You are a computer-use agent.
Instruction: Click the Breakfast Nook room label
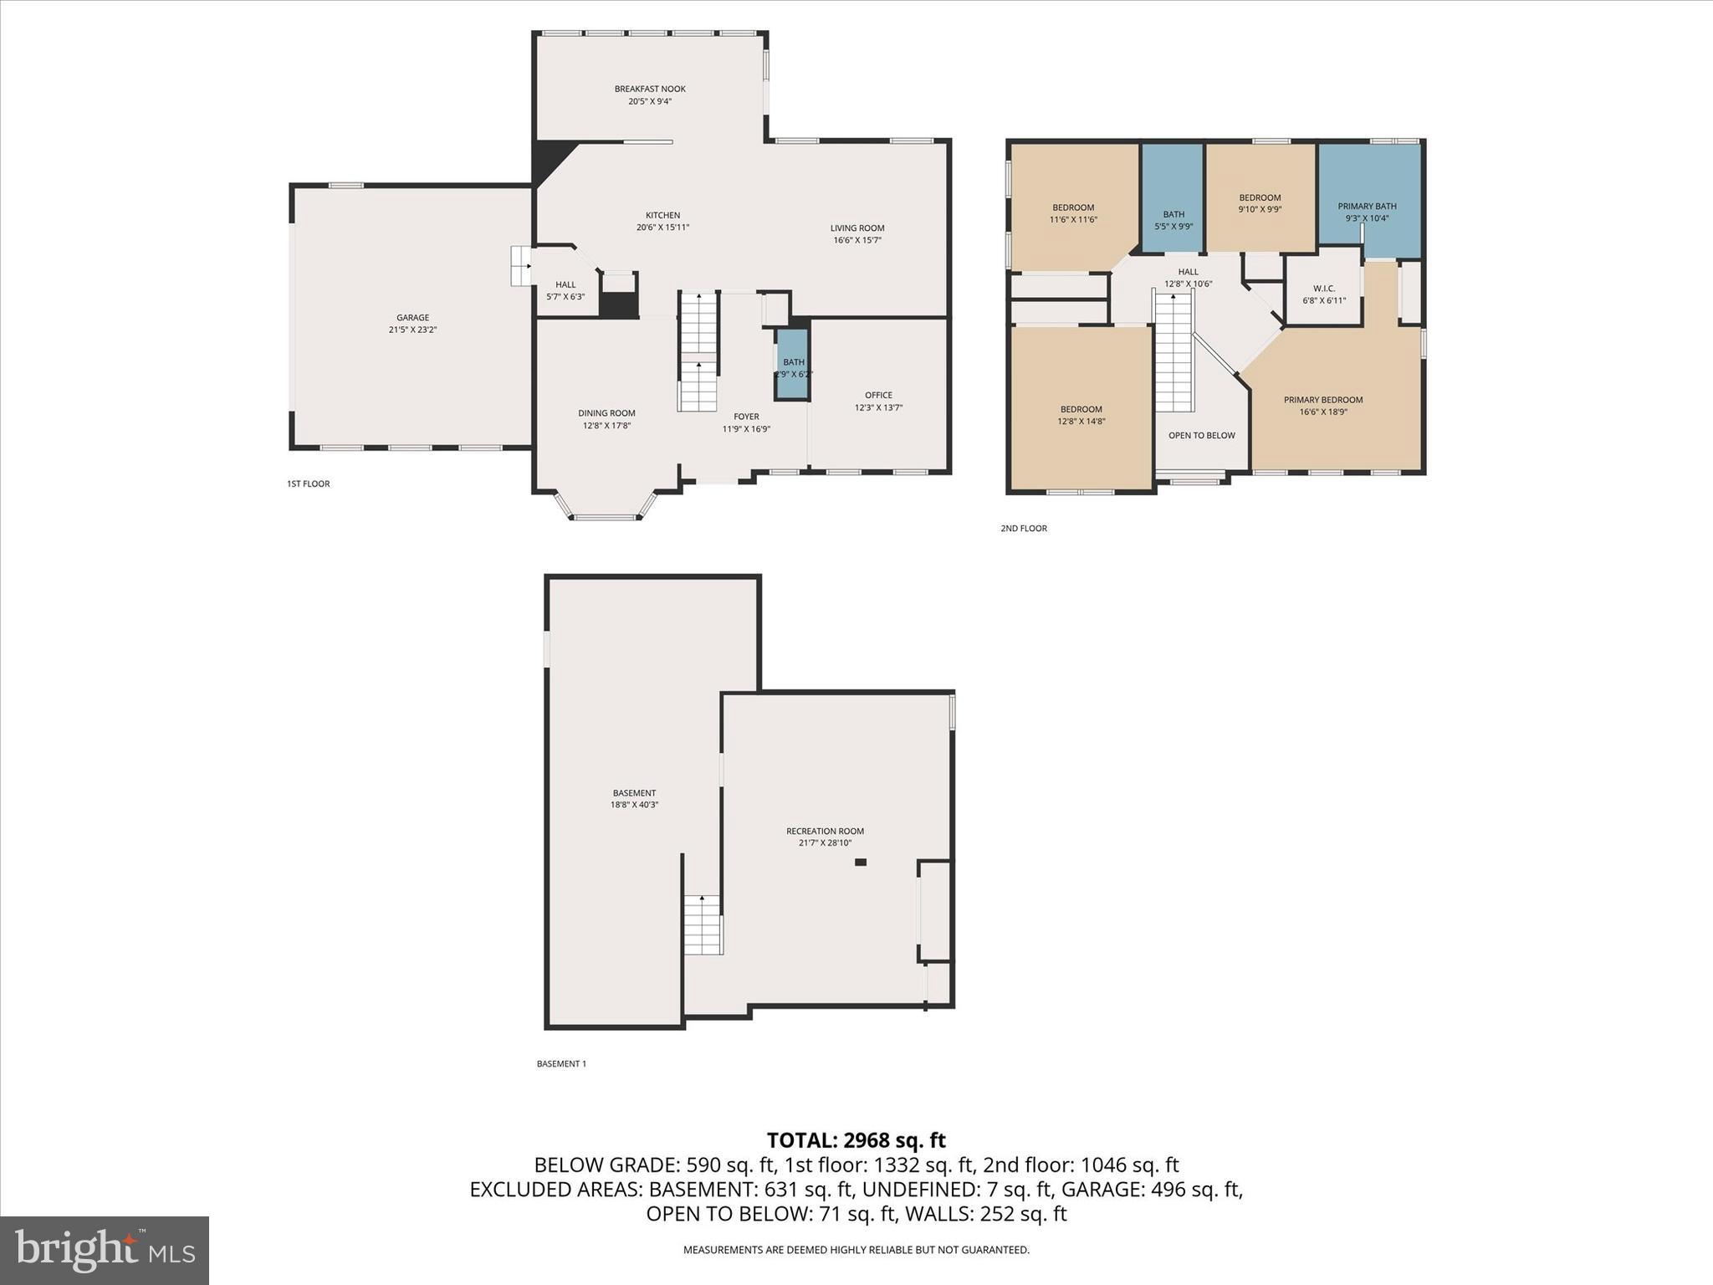coord(650,90)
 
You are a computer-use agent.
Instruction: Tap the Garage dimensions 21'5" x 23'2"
coord(412,330)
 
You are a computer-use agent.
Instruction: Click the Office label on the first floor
coord(878,395)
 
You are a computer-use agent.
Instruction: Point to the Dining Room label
coord(606,413)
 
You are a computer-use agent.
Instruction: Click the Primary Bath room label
coord(1367,207)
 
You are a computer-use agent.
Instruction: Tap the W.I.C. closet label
coord(1324,289)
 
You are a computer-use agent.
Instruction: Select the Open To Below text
coord(1201,435)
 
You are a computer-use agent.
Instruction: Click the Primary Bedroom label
coord(1323,400)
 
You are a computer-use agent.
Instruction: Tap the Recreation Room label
coord(825,831)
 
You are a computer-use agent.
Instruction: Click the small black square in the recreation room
coord(861,862)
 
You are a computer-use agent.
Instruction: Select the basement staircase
coord(703,924)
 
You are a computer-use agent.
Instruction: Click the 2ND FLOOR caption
coord(1024,529)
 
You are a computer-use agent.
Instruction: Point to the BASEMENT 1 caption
coord(561,1064)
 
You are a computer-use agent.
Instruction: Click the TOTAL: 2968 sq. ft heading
coord(856,1140)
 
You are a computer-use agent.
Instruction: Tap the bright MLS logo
coord(105,1251)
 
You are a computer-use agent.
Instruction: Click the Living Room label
coord(856,228)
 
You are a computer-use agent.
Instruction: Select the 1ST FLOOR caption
coord(308,484)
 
